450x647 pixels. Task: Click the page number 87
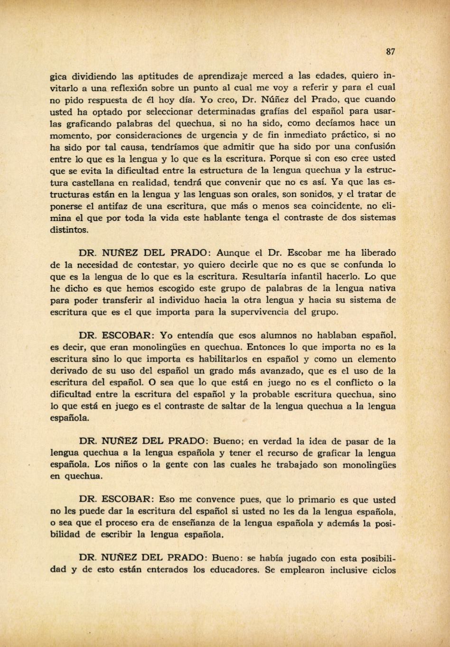click(390, 52)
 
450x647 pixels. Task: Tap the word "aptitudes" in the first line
click(158, 76)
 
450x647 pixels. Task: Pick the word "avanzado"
click(274, 371)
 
